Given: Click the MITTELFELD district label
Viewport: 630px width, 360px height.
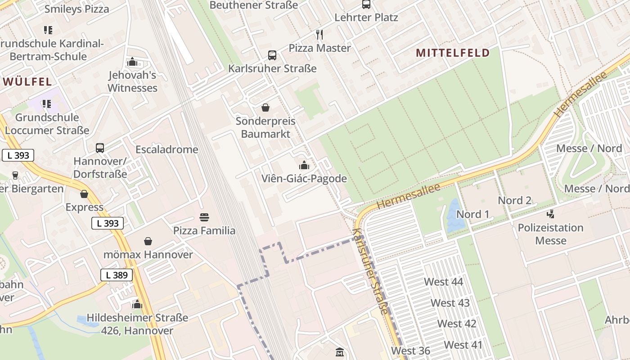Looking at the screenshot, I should click(x=452, y=53).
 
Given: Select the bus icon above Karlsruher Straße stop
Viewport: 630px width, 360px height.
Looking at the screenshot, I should click(x=272, y=55).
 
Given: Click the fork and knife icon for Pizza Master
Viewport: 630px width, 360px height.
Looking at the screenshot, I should click(x=319, y=34).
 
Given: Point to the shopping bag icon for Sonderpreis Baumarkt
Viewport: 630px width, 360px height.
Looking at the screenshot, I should click(x=265, y=108).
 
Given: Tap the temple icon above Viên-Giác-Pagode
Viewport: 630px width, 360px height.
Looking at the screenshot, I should click(x=304, y=165).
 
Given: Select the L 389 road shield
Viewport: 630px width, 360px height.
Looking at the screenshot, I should click(x=117, y=275).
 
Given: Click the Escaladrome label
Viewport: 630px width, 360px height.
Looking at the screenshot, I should click(x=167, y=149).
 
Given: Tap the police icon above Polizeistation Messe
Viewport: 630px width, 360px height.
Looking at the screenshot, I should click(x=550, y=214).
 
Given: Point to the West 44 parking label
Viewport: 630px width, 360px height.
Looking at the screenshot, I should click(x=443, y=282).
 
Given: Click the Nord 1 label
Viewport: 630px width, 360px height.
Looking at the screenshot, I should click(x=472, y=214).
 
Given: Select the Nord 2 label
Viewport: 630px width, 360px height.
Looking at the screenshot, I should click(x=514, y=200).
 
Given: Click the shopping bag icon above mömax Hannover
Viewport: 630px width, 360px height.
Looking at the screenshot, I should click(x=148, y=242).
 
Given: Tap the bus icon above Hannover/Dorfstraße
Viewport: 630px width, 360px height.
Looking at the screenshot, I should click(x=100, y=148).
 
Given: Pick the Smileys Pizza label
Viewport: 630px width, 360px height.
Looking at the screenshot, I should click(x=76, y=9).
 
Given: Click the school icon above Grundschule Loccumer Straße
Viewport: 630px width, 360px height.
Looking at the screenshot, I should click(x=47, y=104).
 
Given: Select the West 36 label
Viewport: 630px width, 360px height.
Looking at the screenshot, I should click(x=410, y=351).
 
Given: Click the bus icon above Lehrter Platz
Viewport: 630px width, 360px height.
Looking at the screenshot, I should click(x=366, y=4).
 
